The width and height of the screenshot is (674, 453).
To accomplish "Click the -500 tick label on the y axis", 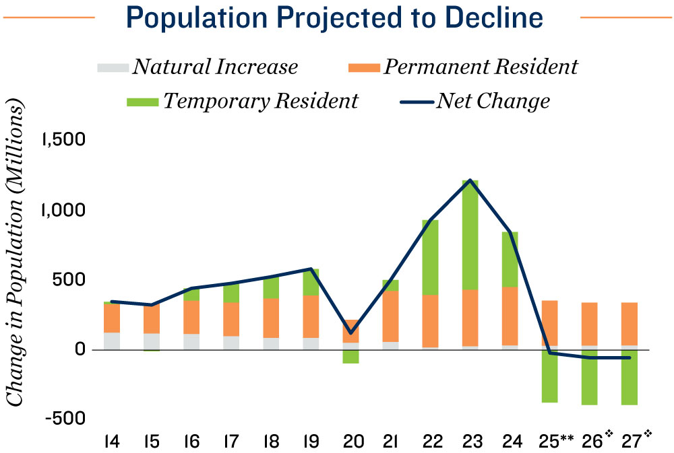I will pyautogui.click(x=64, y=419).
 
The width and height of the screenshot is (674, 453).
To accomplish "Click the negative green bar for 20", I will pyautogui.click(x=350, y=357).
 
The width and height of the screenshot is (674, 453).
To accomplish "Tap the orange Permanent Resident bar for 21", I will pyautogui.click(x=390, y=316).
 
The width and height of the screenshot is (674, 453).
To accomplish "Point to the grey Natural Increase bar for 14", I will pyautogui.click(x=112, y=341).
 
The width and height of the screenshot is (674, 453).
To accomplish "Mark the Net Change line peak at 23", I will pyautogui.click(x=470, y=180).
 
